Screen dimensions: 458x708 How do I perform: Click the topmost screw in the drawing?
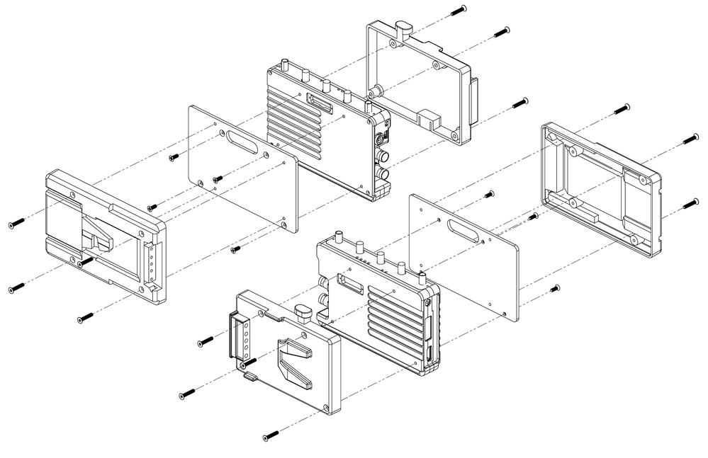(x=461, y=8)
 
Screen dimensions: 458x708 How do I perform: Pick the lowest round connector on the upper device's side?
(x=383, y=173)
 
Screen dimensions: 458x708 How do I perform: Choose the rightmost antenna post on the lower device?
(x=423, y=276)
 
